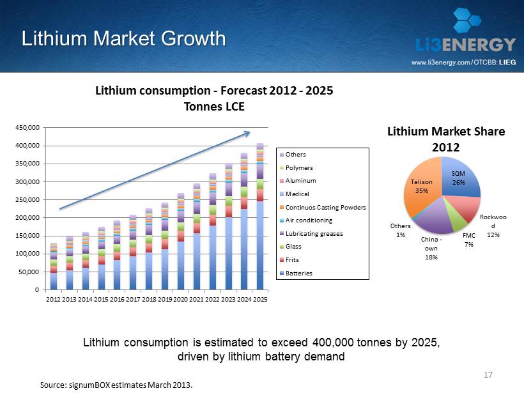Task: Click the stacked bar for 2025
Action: [260, 216]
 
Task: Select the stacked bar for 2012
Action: [54, 266]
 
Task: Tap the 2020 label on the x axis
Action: [180, 300]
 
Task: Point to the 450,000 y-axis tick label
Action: [27, 128]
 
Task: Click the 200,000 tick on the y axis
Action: [27, 217]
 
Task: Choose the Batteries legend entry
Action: [296, 273]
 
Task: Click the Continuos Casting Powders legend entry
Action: [323, 207]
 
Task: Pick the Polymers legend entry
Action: [297, 167]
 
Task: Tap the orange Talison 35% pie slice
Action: [422, 187]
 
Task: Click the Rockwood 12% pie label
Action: [493, 226]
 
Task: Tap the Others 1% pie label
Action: [401, 230]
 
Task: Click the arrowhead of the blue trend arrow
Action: [247, 133]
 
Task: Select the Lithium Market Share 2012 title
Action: [446, 139]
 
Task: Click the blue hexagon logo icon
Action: [467, 20]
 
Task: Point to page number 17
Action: [488, 374]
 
